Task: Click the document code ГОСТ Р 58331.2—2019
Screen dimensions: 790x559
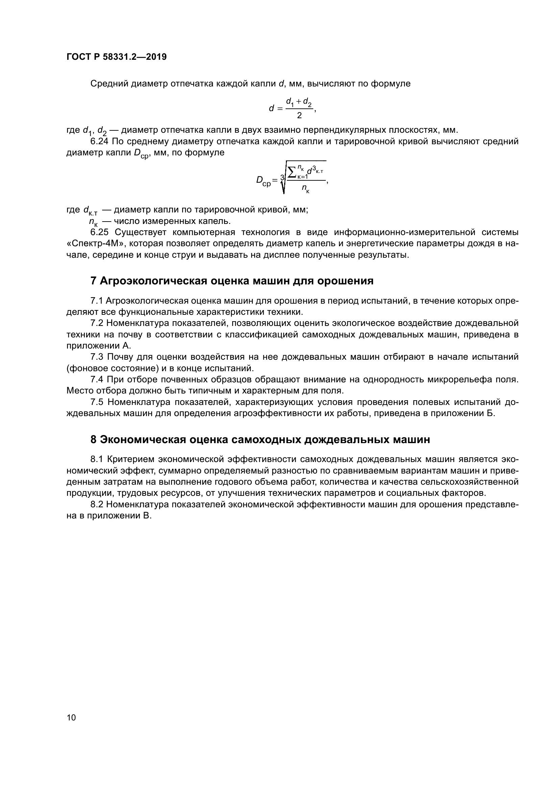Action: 116,57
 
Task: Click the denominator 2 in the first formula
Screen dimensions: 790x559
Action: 299,116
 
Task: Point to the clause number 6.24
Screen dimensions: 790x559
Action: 99,142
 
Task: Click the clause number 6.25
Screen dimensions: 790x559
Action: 99,232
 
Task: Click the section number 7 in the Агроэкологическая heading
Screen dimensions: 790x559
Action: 93,281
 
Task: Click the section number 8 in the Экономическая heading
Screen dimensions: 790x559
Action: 93,440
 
